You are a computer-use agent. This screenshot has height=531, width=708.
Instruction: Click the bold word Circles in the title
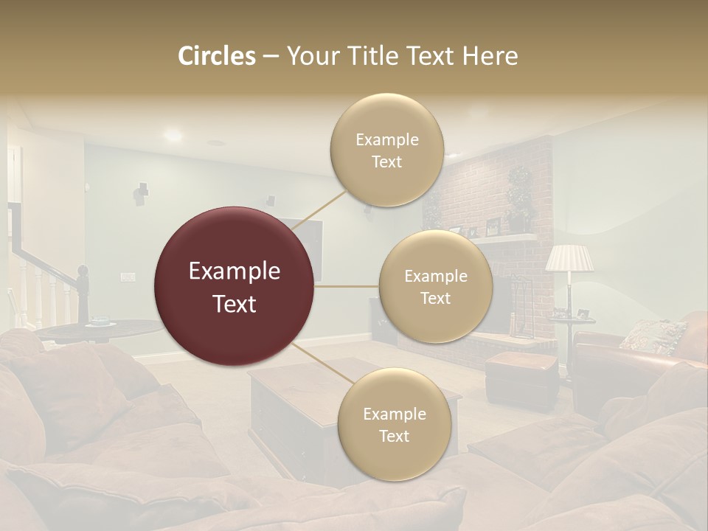click(216, 56)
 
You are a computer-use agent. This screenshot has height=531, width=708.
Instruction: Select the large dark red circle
click(235, 287)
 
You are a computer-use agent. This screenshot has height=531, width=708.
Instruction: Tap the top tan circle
click(386, 150)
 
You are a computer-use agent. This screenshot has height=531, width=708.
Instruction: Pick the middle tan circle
click(435, 287)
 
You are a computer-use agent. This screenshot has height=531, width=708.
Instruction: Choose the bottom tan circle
click(394, 424)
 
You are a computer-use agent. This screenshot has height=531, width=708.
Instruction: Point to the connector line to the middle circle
click(347, 286)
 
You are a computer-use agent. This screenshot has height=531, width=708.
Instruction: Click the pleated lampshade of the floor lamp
click(569, 258)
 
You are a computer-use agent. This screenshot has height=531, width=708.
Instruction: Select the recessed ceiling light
click(173, 135)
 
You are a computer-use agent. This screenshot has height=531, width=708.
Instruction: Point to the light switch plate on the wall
click(128, 277)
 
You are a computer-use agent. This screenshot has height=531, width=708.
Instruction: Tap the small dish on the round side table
click(99, 322)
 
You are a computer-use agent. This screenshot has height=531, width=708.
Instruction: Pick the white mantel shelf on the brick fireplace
click(509, 237)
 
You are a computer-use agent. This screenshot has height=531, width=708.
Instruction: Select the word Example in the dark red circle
click(235, 271)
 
